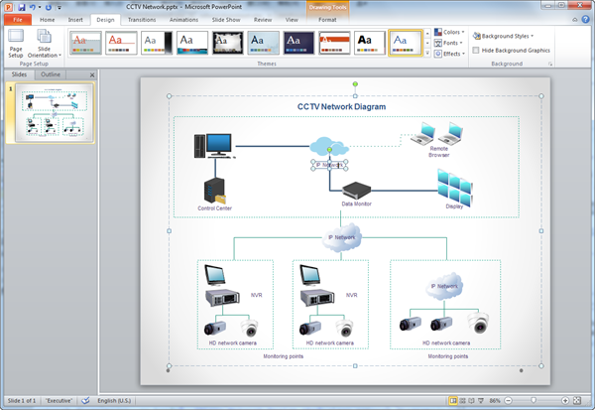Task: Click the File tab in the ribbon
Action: point(17,19)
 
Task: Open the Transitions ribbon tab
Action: point(142,19)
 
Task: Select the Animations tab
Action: point(183,19)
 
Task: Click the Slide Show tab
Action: point(226,19)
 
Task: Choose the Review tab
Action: point(263,19)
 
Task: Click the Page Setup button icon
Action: point(16,37)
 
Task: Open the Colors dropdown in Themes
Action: point(451,33)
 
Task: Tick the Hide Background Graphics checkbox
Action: point(476,49)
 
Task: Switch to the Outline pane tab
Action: point(51,74)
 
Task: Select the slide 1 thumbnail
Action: point(50,112)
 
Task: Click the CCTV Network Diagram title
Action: point(341,106)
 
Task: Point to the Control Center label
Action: point(214,208)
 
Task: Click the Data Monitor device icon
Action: point(355,190)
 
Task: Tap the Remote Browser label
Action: point(438,152)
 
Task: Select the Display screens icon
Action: point(455,185)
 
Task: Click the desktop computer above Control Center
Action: point(213,146)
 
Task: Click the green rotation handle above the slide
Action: point(355,82)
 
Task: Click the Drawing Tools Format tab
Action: point(327,19)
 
